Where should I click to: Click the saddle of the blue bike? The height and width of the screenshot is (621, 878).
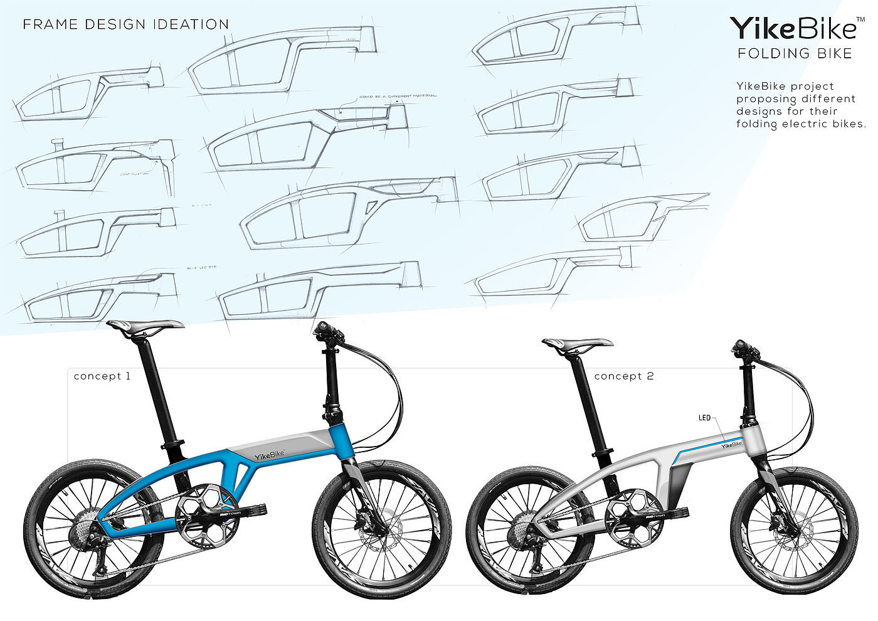click(x=145, y=324)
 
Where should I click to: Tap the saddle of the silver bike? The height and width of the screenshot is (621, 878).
click(x=577, y=343)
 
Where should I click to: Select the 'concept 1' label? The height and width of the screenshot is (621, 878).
click(x=102, y=376)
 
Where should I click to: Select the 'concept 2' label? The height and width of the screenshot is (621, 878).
click(x=623, y=376)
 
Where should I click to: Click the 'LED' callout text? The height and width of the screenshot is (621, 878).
click(x=705, y=418)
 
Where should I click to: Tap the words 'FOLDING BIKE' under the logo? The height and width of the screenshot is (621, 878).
click(x=795, y=53)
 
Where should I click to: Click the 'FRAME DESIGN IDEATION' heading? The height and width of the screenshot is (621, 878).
click(x=125, y=25)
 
